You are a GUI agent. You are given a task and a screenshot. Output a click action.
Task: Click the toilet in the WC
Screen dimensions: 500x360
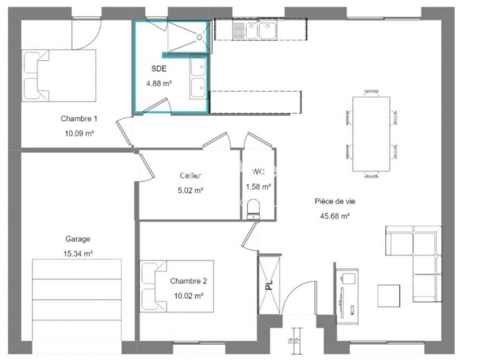point(253,209)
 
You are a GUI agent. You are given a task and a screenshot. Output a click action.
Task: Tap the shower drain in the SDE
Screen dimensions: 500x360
point(199,37)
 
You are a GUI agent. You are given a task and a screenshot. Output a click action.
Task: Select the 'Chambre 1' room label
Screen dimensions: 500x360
point(79,119)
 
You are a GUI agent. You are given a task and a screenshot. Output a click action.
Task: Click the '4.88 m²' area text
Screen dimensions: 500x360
point(159,84)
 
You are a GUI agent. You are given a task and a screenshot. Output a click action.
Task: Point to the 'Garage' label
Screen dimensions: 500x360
point(77,239)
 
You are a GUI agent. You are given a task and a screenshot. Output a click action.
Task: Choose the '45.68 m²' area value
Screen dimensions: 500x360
point(335,216)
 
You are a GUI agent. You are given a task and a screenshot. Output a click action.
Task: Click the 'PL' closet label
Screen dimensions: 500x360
point(270,285)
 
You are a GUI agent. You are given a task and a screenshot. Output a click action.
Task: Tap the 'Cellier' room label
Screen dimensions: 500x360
point(190,175)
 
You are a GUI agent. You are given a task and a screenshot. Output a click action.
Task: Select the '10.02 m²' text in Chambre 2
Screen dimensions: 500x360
point(189,296)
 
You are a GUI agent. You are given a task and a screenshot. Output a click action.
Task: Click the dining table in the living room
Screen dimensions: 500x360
point(371,134)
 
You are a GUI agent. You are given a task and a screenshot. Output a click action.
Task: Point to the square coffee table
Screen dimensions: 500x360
point(389,296)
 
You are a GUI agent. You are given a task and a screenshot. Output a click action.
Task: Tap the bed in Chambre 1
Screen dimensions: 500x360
point(59,76)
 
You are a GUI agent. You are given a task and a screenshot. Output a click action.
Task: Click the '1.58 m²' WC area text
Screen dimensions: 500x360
point(258,187)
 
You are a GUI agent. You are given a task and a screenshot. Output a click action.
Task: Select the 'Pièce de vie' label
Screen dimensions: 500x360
point(335,201)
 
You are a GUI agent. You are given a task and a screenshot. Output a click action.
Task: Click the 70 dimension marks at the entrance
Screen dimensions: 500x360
point(294,341)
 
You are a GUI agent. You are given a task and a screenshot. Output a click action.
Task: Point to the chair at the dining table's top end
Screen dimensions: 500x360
point(371,94)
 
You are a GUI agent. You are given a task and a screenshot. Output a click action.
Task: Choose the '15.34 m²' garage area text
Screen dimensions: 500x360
point(78,254)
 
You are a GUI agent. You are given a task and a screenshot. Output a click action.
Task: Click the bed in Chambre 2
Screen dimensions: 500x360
point(177,286)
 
